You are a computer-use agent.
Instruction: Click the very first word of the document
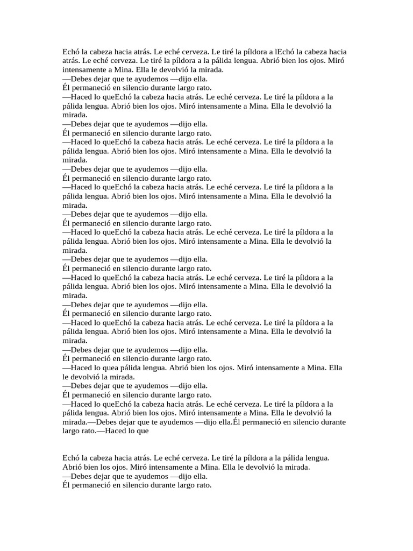71,52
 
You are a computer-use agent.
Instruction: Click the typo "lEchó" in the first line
283,52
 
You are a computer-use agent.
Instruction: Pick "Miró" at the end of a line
336,61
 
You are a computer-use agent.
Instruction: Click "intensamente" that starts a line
85,70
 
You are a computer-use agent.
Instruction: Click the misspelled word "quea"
122,368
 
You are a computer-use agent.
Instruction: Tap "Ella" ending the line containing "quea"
334,368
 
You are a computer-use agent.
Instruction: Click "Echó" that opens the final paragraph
71,458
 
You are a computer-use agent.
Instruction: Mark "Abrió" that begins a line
73,467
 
